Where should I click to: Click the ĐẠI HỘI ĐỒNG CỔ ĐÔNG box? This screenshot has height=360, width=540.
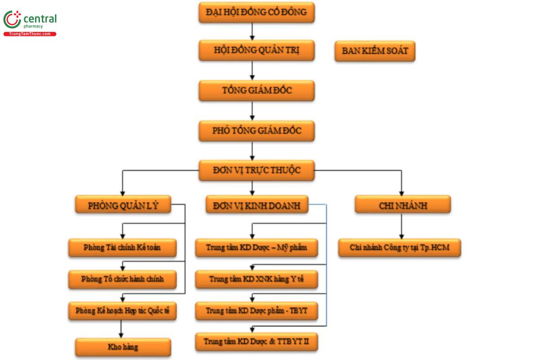[x=256, y=13]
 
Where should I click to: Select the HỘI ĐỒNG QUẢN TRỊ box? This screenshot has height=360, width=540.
[x=256, y=50]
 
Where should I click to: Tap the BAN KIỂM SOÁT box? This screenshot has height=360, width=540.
[x=375, y=51]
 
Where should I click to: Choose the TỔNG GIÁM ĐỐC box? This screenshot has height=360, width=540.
[x=256, y=90]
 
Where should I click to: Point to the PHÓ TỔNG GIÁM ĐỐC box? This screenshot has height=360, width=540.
[x=256, y=131]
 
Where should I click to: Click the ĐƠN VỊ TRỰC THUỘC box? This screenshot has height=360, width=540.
[x=256, y=171]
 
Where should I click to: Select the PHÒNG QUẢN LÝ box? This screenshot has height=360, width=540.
[x=123, y=204]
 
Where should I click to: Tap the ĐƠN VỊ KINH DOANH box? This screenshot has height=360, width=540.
[x=257, y=204]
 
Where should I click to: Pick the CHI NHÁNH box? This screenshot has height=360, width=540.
[x=403, y=204]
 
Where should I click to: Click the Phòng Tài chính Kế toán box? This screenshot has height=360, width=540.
[x=122, y=247]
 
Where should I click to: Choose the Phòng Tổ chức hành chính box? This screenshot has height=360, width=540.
[x=122, y=279]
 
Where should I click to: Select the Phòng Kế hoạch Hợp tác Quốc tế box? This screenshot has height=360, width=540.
[x=122, y=311]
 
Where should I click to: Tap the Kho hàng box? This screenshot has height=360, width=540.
[x=123, y=347]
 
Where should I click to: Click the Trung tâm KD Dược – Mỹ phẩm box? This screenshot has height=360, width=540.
[x=256, y=247]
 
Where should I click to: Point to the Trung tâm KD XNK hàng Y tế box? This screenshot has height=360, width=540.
[x=256, y=279]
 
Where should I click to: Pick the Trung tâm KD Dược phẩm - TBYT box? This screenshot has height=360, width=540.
[x=256, y=311]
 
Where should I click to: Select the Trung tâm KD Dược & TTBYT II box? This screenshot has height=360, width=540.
[x=256, y=342]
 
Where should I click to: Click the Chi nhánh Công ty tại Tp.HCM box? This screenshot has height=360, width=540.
[x=400, y=247]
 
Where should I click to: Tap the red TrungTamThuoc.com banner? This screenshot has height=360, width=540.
[x=30, y=34]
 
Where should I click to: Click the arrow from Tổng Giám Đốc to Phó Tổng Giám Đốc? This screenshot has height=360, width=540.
[x=252, y=111]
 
